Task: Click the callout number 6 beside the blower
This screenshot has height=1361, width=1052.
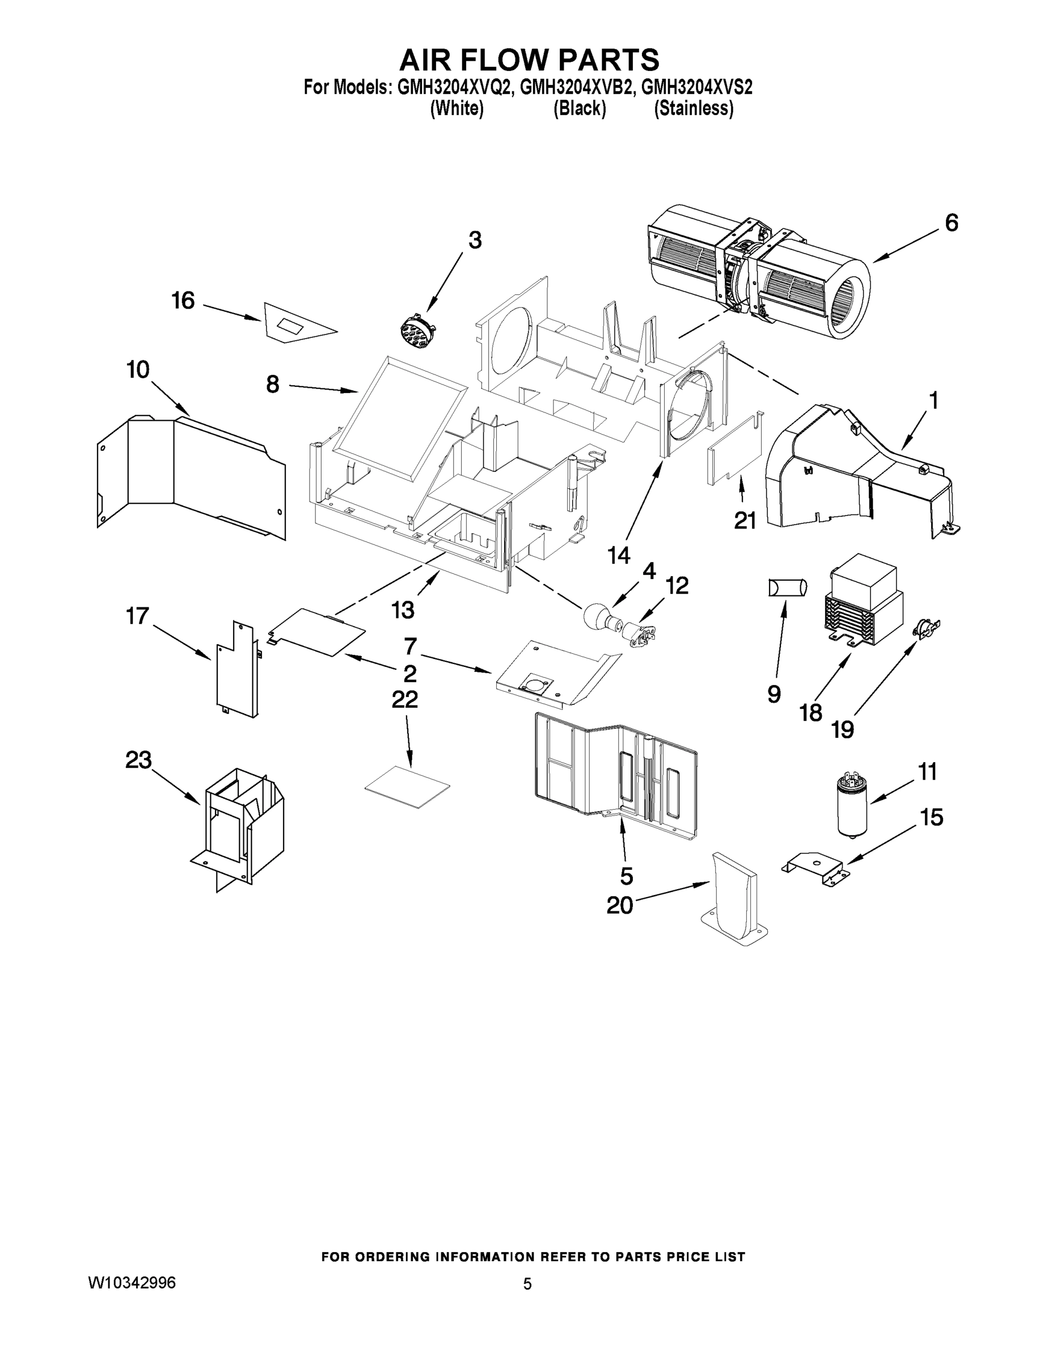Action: (x=951, y=223)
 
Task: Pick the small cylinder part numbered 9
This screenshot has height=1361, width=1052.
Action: (x=787, y=587)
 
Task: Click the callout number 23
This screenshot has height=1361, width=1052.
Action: (x=138, y=760)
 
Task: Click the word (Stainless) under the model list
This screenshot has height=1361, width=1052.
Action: (x=693, y=108)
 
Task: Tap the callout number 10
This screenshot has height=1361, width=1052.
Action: (x=138, y=370)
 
